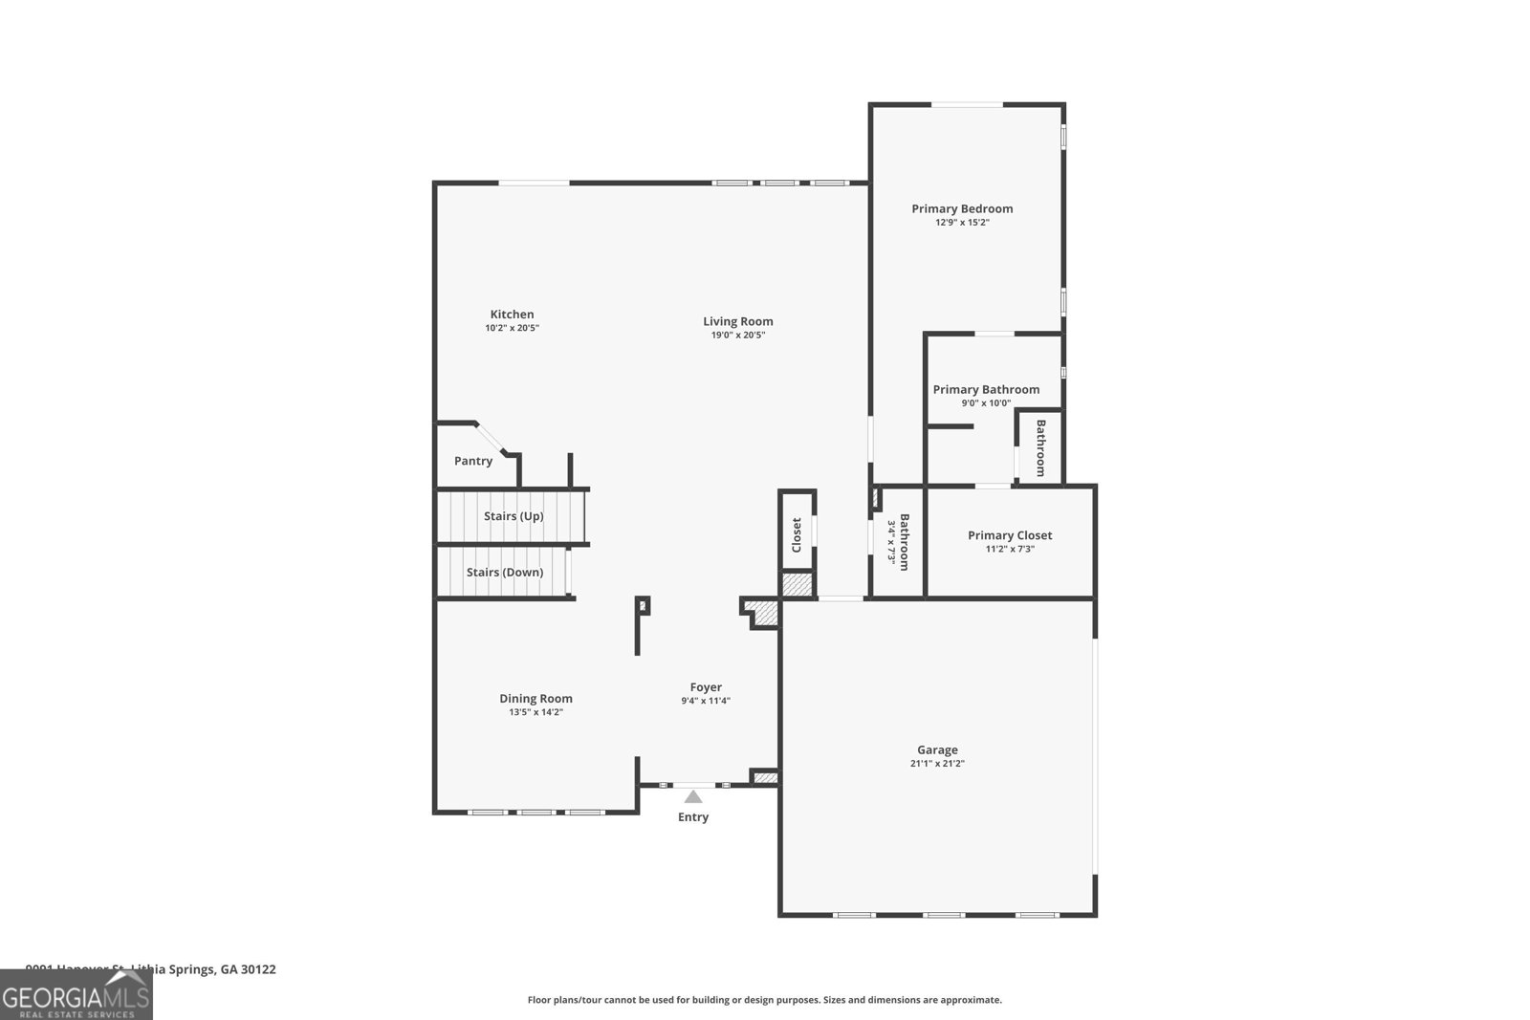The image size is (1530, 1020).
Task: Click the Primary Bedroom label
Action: pyautogui.click(x=962, y=208)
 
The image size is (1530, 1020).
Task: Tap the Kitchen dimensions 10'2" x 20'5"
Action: pyautogui.click(x=512, y=328)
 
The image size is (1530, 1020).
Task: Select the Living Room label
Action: pyautogui.click(x=737, y=321)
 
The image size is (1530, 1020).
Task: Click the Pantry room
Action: pyautogui.click(x=473, y=461)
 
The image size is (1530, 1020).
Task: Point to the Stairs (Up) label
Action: pyautogui.click(x=514, y=516)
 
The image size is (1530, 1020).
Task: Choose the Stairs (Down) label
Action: pyautogui.click(x=504, y=573)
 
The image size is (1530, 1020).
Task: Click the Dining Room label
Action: pyautogui.click(x=535, y=699)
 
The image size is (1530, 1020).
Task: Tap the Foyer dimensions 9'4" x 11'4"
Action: pyautogui.click(x=706, y=701)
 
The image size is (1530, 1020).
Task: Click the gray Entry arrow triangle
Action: pyautogui.click(x=693, y=796)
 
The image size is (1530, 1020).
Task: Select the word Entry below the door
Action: pyautogui.click(x=693, y=817)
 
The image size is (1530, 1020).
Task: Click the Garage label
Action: pyautogui.click(x=937, y=750)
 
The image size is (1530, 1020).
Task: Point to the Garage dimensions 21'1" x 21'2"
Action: pyautogui.click(x=937, y=764)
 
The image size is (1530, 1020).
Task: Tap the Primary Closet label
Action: pyautogui.click(x=1010, y=535)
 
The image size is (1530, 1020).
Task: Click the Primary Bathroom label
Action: pyautogui.click(x=986, y=389)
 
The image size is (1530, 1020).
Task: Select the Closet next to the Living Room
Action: pyautogui.click(x=797, y=535)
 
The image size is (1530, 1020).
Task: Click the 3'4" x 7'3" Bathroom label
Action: pyautogui.click(x=899, y=543)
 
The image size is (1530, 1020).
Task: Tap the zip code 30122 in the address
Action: pyautogui.click(x=258, y=969)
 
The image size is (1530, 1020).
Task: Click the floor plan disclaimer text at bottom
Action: pyautogui.click(x=765, y=1000)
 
